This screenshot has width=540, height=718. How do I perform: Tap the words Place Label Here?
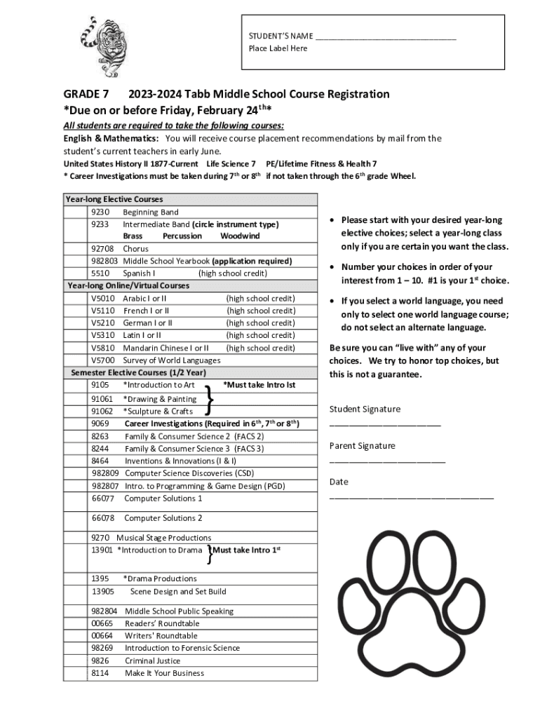pos(278,48)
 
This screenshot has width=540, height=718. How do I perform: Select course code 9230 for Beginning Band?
pos(100,212)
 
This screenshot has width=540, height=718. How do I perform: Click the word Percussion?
pos(182,236)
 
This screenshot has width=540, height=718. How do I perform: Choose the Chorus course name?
pos(136,248)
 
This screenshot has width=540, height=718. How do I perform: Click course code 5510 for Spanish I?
pos(100,273)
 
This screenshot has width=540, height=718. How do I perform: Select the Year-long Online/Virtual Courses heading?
pos(128,285)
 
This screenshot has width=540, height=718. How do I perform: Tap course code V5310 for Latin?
pos(103,335)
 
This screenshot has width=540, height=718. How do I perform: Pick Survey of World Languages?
pos(172,360)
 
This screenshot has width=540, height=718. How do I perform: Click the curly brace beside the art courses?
pos(209,398)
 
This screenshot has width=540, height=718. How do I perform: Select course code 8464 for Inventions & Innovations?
pos(100,461)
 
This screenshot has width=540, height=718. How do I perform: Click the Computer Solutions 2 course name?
pos(163,518)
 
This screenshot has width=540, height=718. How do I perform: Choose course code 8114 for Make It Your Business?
pos(100,673)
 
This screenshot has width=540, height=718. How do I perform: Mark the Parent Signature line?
pos(387,461)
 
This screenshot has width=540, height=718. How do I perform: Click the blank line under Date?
pos(411,497)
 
